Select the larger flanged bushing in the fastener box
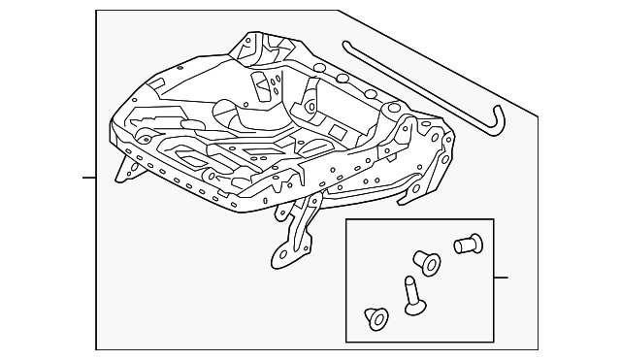(426, 261)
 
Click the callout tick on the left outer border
(89, 179)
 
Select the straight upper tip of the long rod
(346, 45)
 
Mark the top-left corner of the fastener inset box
(346, 219)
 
